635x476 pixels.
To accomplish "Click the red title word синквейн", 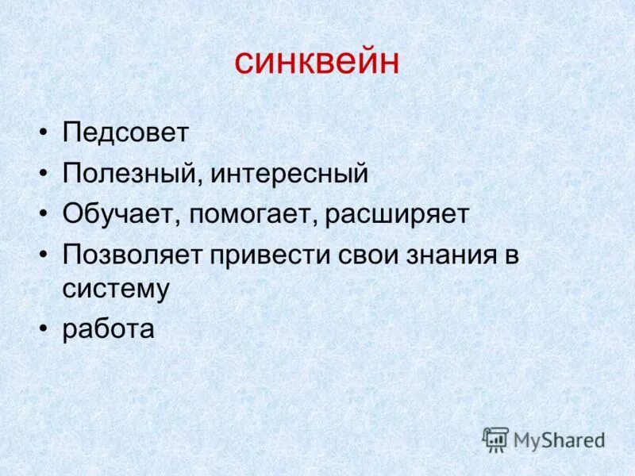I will (317, 62).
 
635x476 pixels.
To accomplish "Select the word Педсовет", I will (125, 132).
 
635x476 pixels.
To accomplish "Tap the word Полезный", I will (134, 174).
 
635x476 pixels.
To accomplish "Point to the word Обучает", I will (122, 215).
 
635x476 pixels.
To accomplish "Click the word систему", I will (116, 289).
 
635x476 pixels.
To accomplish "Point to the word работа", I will (108, 328).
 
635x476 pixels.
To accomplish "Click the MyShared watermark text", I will (560, 440).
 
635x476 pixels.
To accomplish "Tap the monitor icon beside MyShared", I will (495, 440).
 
